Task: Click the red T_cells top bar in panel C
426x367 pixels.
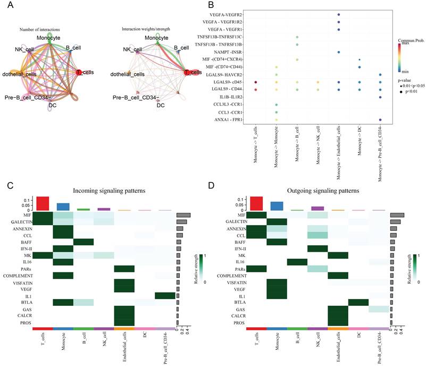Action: tap(43, 203)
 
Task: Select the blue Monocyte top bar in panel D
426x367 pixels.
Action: tap(277, 206)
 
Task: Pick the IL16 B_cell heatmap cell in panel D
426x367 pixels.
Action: tap(297, 262)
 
